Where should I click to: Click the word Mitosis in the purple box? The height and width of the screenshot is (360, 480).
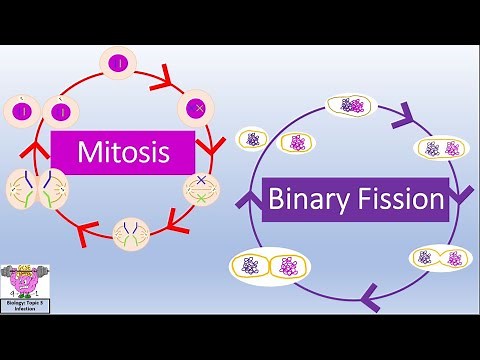tap(123, 153)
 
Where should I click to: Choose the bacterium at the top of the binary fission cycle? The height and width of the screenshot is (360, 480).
tap(351, 105)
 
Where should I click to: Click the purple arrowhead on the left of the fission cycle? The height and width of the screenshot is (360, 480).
tap(251, 189)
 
